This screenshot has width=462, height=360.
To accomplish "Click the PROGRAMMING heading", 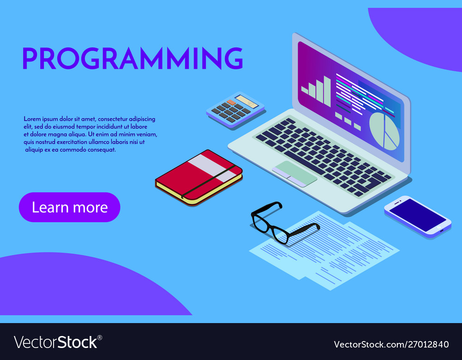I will (x=132, y=59).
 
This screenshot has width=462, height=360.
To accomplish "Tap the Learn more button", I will (x=69, y=207).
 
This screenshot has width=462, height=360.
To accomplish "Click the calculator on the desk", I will (x=235, y=109).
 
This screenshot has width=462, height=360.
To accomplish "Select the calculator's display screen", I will (x=246, y=101).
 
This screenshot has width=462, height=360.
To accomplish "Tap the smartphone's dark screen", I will (x=417, y=215).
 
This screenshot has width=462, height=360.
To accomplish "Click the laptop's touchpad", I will (x=294, y=173).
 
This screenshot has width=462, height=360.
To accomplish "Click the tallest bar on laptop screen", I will (x=327, y=91).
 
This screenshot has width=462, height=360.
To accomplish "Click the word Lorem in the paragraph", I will (x=32, y=119).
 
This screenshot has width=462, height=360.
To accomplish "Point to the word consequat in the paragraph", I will (x=102, y=150).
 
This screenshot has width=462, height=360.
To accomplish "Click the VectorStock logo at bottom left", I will (x=58, y=342).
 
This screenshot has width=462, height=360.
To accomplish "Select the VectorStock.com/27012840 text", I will (x=391, y=344).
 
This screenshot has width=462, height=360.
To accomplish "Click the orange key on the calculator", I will (x=230, y=102).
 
